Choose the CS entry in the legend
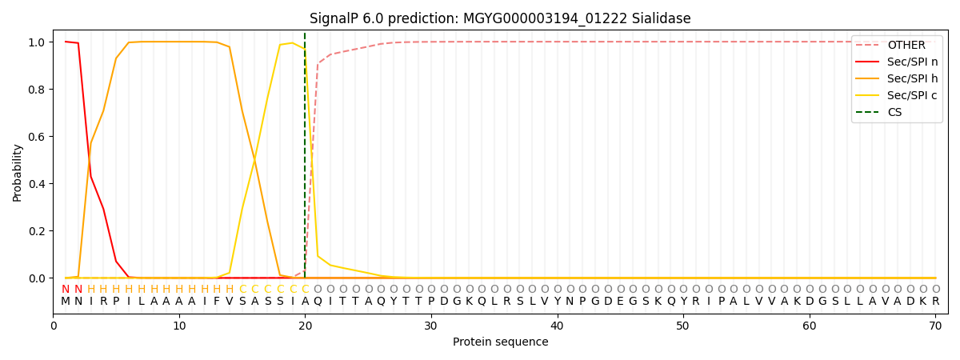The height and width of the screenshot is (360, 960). point(894,113)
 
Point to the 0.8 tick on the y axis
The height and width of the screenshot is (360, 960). point(37,90)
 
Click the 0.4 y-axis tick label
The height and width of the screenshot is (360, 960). point(37,184)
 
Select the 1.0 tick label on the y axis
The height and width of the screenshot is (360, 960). point(37,42)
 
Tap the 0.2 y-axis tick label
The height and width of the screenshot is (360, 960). point(37,231)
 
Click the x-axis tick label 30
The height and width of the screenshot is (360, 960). point(431,326)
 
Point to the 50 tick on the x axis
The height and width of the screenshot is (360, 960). point(683,326)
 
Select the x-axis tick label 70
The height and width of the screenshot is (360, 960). point(935,326)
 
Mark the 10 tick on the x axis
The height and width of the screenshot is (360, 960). point(179,326)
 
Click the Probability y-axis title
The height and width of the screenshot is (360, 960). point(18,172)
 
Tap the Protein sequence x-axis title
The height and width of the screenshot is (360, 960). point(500,342)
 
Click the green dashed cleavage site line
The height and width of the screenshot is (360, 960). point(305,160)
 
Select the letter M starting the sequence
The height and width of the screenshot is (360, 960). point(66,302)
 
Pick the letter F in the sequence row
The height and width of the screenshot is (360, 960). point(217,302)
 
